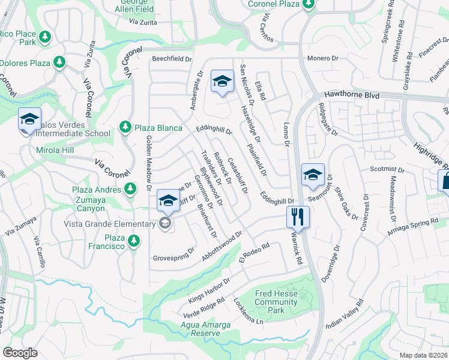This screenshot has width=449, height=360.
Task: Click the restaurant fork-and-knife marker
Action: pos(298,217)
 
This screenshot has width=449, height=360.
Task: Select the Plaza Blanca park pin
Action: pos(125,127)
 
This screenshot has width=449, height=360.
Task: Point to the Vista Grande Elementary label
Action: pos(110,224)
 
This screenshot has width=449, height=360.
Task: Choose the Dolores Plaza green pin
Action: pos(59,62)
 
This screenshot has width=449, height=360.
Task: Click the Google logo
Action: pos(20,353)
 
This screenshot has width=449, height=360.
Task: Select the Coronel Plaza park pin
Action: pos(309,4)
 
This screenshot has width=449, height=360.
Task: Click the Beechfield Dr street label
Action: pos(171,59)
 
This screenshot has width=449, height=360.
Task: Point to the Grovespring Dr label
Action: pos(174,254)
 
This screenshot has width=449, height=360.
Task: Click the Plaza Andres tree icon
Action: pos(130,190)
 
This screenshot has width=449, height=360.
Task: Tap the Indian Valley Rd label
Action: pos(345,313)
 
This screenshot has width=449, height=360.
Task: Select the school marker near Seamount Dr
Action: pos(312,175)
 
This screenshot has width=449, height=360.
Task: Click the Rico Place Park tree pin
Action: pos(44,38)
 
